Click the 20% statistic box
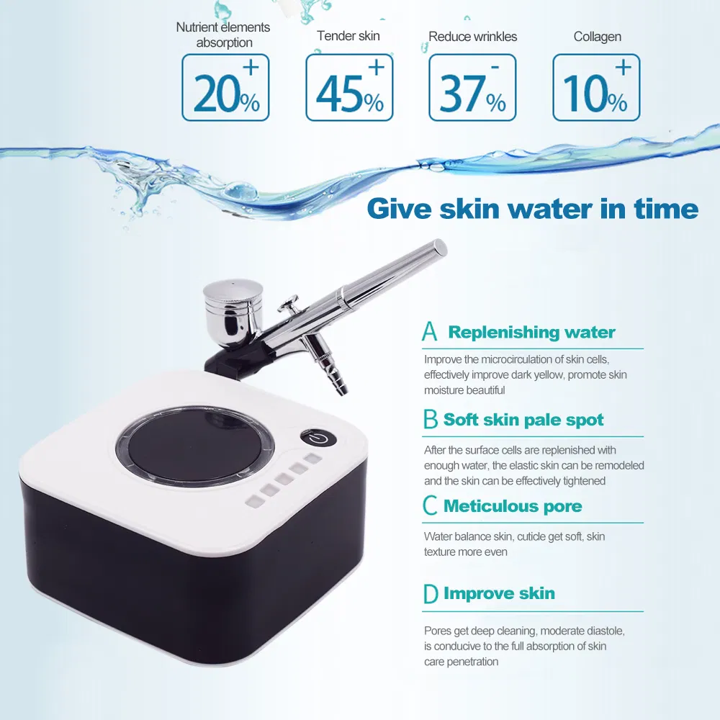[x=225, y=87]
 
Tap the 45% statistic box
[x=349, y=87]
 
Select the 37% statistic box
[x=472, y=87]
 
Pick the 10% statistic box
[x=596, y=87]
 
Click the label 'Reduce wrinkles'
[x=472, y=37]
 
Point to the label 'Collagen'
[x=598, y=37]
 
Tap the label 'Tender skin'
[x=348, y=36]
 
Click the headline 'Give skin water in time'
[x=533, y=209]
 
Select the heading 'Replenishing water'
[x=532, y=332]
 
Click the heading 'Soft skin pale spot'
[x=523, y=420]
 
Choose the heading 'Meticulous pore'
[x=513, y=506]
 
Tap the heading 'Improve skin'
[x=499, y=593]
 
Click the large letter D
[x=431, y=594]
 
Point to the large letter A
[x=429, y=330]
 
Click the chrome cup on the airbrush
[x=234, y=313]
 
